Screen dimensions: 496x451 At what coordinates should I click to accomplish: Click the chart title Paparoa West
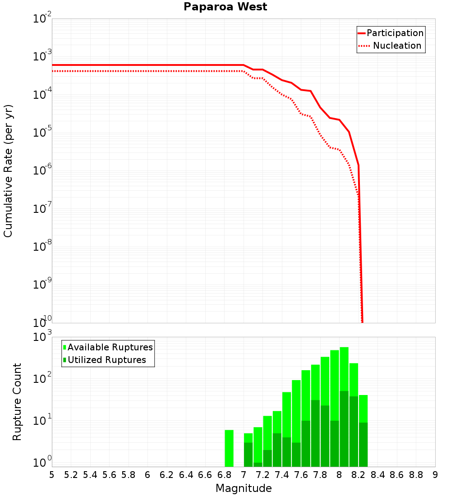coord(225,7)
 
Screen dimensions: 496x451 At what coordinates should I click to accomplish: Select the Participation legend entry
coord(391,33)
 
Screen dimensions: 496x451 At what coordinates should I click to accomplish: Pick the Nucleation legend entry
coord(391,46)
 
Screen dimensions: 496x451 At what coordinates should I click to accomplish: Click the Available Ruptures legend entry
coord(108,347)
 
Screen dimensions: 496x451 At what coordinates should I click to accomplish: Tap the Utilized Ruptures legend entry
coord(104,360)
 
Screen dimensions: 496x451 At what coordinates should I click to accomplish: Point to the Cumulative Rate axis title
coord(8,171)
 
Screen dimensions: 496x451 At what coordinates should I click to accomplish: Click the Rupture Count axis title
coord(17,402)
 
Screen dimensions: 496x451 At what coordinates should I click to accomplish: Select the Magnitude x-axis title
coord(244,488)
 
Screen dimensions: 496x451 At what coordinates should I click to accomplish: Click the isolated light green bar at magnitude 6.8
coord(229,448)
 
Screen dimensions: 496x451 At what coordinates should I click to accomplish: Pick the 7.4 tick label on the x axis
coord(282,475)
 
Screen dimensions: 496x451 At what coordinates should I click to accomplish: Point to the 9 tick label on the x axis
coord(435,475)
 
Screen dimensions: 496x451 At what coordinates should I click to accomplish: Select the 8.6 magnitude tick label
coord(397,475)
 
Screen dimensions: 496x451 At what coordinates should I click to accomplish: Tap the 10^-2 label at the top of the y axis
coord(42,19)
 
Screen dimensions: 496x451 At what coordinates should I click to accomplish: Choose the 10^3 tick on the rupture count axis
coord(42,338)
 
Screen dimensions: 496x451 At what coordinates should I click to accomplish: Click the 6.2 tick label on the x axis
coord(167,475)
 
